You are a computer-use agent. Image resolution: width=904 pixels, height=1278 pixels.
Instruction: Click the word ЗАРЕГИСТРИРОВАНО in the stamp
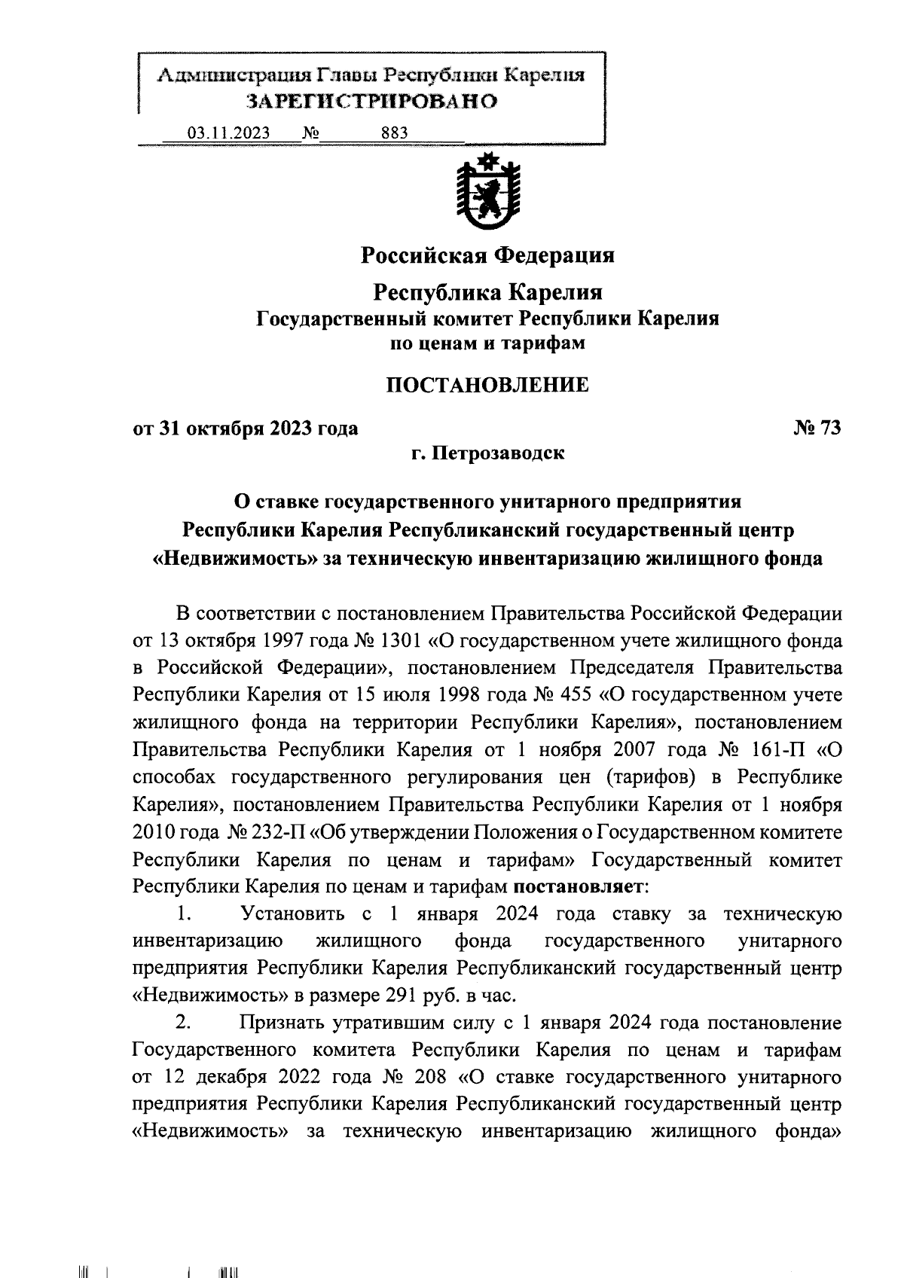(373, 102)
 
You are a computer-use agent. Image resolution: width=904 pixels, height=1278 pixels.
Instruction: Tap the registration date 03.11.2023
(229, 133)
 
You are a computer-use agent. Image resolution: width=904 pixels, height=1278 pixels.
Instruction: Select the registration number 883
(395, 133)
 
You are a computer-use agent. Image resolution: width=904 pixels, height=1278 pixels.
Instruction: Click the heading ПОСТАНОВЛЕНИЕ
(487, 386)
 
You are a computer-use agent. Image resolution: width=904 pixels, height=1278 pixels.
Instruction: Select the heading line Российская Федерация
(487, 255)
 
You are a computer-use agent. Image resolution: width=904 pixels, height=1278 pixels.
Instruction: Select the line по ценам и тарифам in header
(487, 343)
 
